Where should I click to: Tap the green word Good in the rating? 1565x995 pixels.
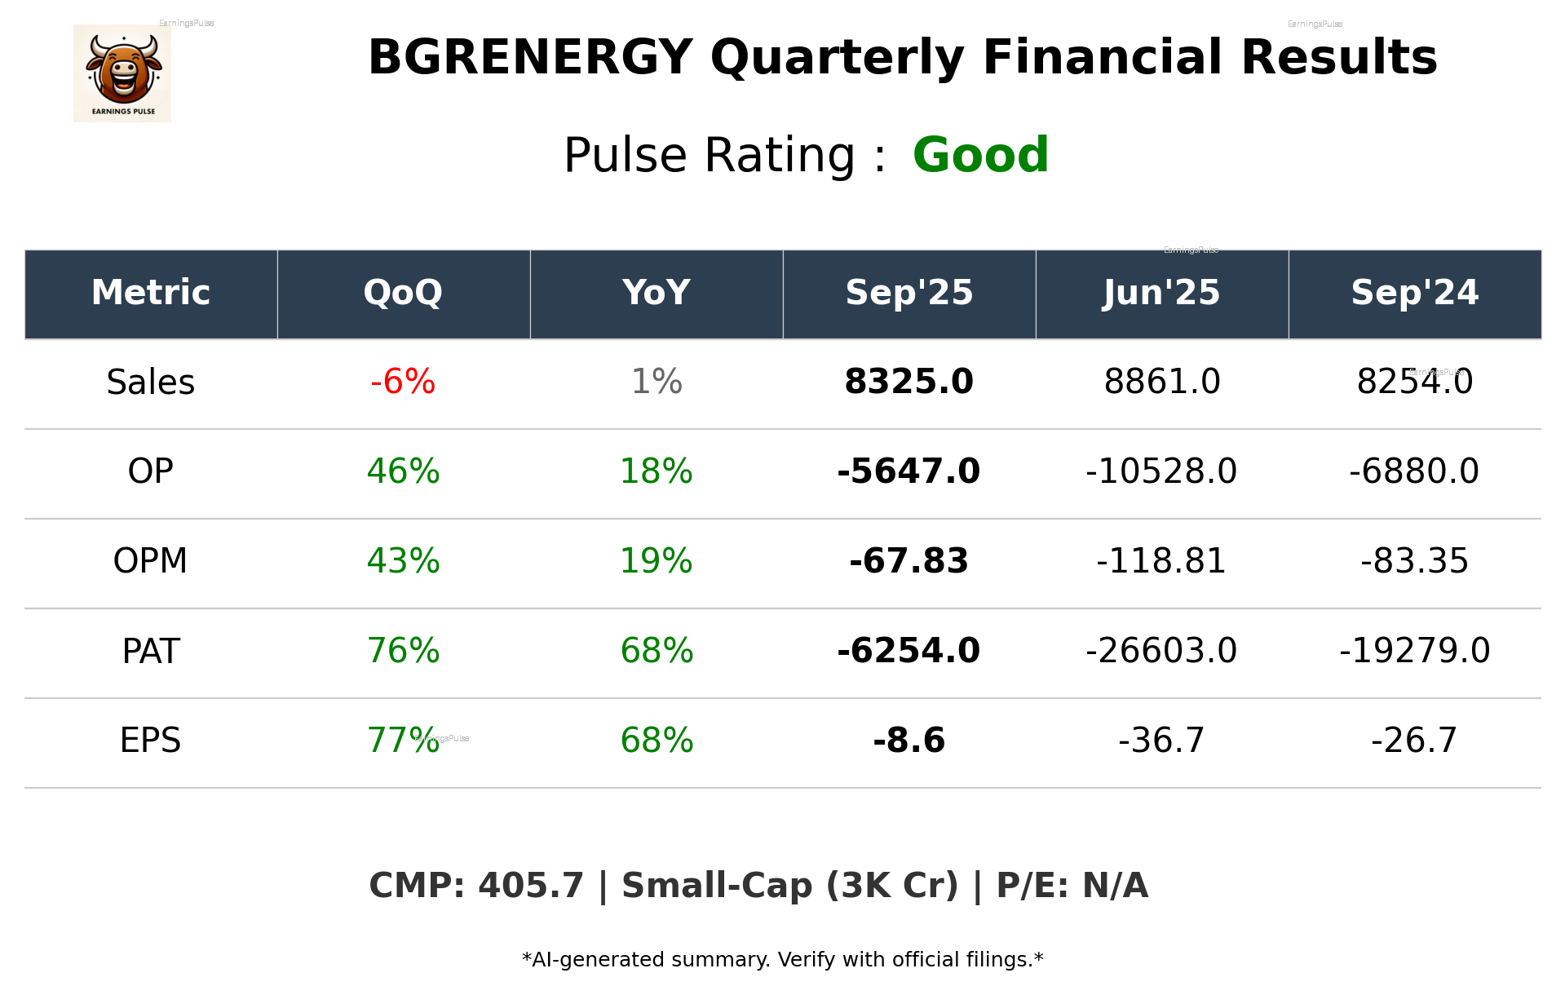coord(980,155)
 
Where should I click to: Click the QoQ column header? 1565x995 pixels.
coord(403,293)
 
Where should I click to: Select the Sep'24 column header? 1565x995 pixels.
coord(1414,293)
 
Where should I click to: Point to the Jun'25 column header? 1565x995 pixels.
coord(1161,293)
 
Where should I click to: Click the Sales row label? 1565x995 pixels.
coord(151,383)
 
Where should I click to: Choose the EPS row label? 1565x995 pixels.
coord(151,741)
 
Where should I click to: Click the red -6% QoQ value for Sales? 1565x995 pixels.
coord(403,382)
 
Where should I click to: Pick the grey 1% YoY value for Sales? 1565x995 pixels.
coord(657,382)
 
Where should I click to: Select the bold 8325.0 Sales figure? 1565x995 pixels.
coord(908,382)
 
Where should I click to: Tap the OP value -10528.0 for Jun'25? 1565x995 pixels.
coord(1161,471)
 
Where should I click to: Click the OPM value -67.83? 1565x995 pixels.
coord(908,561)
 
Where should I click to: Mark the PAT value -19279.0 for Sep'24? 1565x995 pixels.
coord(1414,651)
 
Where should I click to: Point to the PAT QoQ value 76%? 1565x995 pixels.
coord(403,651)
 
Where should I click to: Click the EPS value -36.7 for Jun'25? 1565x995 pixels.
coord(1161,741)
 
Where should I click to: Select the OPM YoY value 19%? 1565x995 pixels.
coord(657,561)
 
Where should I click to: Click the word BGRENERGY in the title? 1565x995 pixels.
coord(530,58)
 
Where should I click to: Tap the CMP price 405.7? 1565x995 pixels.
coord(531,886)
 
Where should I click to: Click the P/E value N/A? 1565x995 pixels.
coord(1115,886)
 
